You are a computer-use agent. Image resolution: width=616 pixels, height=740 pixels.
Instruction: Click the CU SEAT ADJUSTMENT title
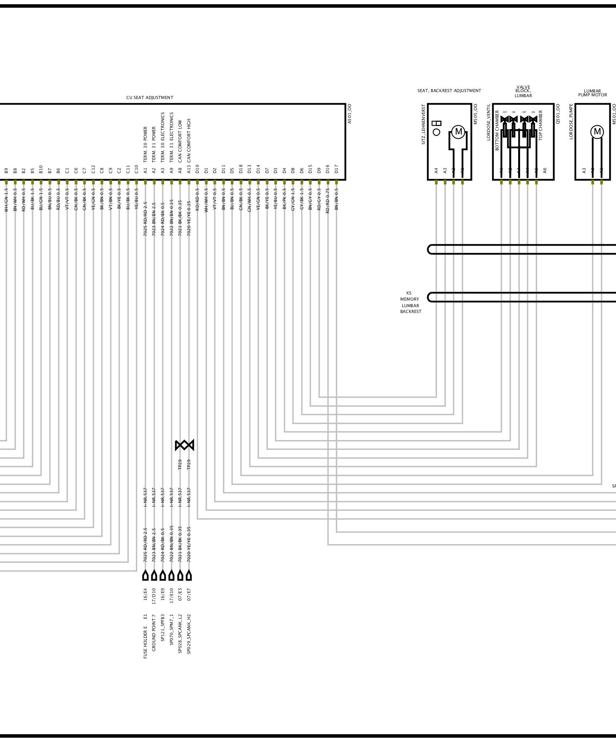[x=149, y=98]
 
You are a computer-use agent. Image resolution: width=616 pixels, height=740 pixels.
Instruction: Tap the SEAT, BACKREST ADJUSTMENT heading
[x=449, y=91]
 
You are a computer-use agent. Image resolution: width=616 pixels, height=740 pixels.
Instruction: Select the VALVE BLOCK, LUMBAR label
[x=523, y=91]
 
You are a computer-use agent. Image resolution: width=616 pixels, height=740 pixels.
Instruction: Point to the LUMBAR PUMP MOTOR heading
[x=592, y=93]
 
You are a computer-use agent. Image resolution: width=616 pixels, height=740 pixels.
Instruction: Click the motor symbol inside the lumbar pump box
[x=597, y=132]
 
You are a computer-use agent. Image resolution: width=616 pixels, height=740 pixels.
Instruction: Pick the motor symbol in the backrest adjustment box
[x=458, y=132]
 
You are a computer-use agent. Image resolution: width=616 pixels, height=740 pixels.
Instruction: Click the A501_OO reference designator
[x=349, y=114]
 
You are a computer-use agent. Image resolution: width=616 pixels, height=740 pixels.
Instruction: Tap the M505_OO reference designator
[x=475, y=114]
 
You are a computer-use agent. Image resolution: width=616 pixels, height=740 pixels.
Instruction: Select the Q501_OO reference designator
[x=558, y=114]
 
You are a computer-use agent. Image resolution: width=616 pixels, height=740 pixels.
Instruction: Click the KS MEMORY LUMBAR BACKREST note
[x=410, y=302]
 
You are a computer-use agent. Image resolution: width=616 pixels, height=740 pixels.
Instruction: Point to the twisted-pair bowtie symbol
[x=185, y=445]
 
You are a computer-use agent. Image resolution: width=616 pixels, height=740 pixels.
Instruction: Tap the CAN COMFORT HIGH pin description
[x=189, y=140]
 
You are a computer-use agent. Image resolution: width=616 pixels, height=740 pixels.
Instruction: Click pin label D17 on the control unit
[x=336, y=169]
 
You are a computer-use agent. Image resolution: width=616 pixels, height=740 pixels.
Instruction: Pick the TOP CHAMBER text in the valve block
[x=540, y=125]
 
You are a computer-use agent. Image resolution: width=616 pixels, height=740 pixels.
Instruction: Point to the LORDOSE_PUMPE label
[x=571, y=121]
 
